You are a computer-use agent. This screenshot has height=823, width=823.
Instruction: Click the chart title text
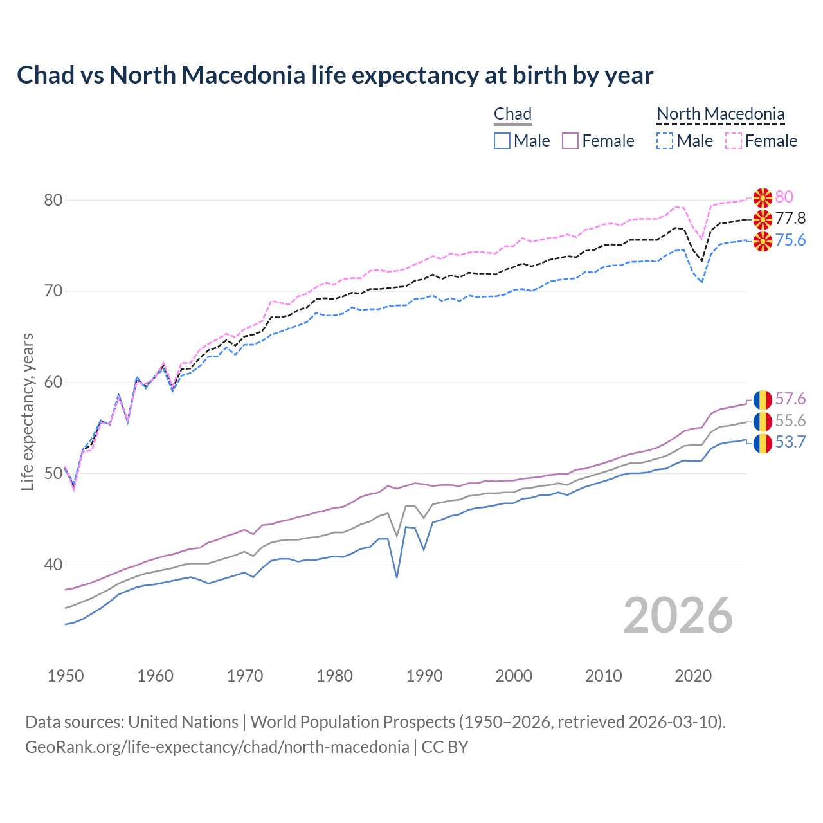click(x=334, y=75)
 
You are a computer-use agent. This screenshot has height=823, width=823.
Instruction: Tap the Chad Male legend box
click(x=502, y=141)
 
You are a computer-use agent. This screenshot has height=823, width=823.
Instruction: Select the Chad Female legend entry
click(x=599, y=141)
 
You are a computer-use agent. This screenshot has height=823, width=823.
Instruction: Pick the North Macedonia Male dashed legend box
click(x=665, y=141)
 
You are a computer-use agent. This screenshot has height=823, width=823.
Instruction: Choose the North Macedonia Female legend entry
click(x=762, y=141)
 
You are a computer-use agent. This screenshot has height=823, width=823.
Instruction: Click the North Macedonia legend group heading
click(x=720, y=114)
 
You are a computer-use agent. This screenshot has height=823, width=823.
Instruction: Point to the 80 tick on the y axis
click(x=53, y=200)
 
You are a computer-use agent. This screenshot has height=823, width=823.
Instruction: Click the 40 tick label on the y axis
click(x=53, y=565)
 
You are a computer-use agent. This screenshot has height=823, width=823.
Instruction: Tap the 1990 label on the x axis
click(x=424, y=676)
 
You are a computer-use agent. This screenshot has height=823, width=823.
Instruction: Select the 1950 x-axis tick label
click(x=66, y=676)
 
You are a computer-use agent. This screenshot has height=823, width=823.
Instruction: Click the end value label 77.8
click(x=790, y=219)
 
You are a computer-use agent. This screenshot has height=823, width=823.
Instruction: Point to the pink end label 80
click(x=784, y=197)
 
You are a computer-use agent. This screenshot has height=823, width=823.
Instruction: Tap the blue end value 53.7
click(x=790, y=442)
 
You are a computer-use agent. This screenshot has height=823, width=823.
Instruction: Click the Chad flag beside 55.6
click(x=763, y=422)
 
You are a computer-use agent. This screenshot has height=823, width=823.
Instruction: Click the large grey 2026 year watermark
click(x=678, y=615)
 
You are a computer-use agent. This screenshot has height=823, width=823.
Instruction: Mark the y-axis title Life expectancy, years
click(x=28, y=411)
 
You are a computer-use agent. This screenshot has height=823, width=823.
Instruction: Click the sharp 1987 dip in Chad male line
click(x=397, y=576)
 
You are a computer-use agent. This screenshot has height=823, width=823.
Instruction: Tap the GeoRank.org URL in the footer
click(x=217, y=747)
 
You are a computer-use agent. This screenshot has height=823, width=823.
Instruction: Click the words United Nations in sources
click(x=183, y=722)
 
